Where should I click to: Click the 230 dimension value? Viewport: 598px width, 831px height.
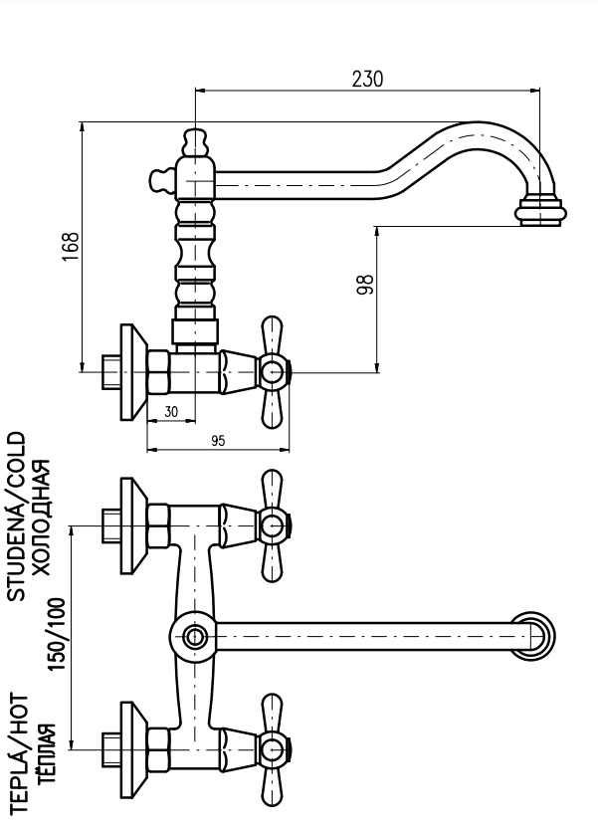[367, 79]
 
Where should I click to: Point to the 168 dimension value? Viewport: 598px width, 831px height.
[71, 246]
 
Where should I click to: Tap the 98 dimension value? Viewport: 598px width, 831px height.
[366, 284]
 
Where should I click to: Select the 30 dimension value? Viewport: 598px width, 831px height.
[171, 411]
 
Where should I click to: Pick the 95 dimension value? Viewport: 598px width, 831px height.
[218, 441]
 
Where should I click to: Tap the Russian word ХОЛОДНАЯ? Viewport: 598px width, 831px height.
[42, 517]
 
